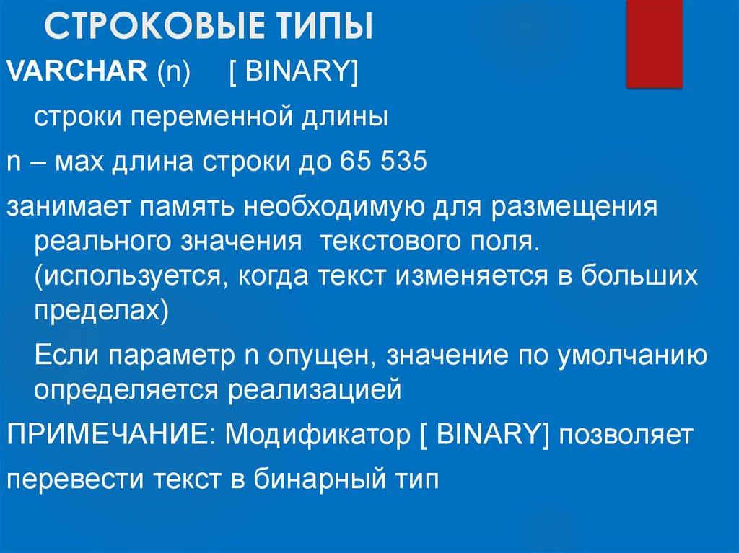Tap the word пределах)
101,311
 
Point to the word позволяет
624,435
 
